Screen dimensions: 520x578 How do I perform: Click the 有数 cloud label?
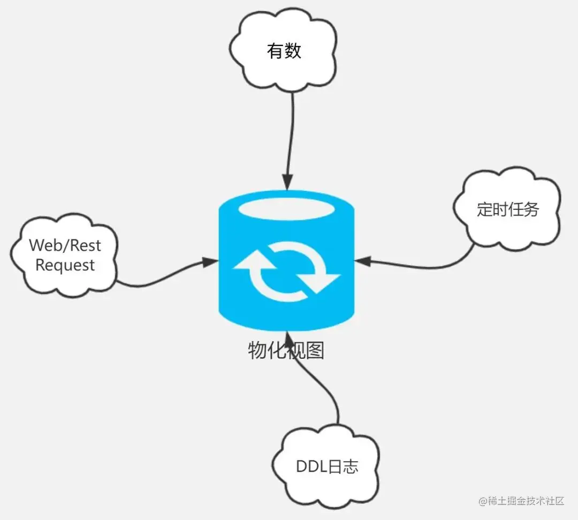point(284,51)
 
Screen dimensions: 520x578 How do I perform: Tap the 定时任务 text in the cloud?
point(507,209)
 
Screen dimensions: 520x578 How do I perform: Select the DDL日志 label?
point(327,466)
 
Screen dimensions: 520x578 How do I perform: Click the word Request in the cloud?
point(65,265)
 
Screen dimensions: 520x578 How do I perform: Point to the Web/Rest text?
point(65,245)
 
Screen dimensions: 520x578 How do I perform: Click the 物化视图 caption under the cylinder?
point(286,351)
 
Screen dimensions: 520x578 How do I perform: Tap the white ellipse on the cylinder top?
point(287,209)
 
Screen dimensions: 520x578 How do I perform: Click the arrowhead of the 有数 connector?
point(288,183)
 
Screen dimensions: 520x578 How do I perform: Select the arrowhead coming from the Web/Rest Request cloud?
point(210,261)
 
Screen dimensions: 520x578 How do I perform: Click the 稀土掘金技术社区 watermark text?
point(522,501)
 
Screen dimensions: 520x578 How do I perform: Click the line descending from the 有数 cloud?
point(292,134)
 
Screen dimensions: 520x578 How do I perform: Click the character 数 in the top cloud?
point(293,51)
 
